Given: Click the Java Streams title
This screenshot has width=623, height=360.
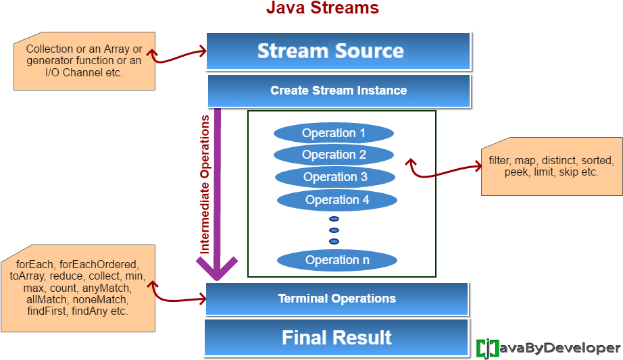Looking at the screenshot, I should [x=322, y=8].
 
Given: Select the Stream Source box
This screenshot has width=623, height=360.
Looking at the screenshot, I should [x=337, y=51].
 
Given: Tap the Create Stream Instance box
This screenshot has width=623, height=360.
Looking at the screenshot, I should [x=339, y=91].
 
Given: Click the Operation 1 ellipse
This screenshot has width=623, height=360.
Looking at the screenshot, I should [x=334, y=133].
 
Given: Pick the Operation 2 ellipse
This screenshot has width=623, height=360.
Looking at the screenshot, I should [x=334, y=155].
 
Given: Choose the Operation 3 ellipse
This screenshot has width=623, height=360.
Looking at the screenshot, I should [x=335, y=177].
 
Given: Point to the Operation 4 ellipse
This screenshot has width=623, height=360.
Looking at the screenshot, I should [x=337, y=200].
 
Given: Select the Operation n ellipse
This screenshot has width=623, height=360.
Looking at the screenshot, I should [x=337, y=260].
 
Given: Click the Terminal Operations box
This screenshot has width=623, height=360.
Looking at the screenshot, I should [x=337, y=299].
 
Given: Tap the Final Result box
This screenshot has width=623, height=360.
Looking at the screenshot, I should [x=337, y=338].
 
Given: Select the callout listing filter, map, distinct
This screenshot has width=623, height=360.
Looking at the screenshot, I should [x=551, y=167].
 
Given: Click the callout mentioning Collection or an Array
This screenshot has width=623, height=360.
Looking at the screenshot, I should [x=84, y=61].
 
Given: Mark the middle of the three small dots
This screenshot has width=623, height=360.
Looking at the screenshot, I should [x=334, y=230].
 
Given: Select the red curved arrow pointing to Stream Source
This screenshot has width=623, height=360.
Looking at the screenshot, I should [x=177, y=55].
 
